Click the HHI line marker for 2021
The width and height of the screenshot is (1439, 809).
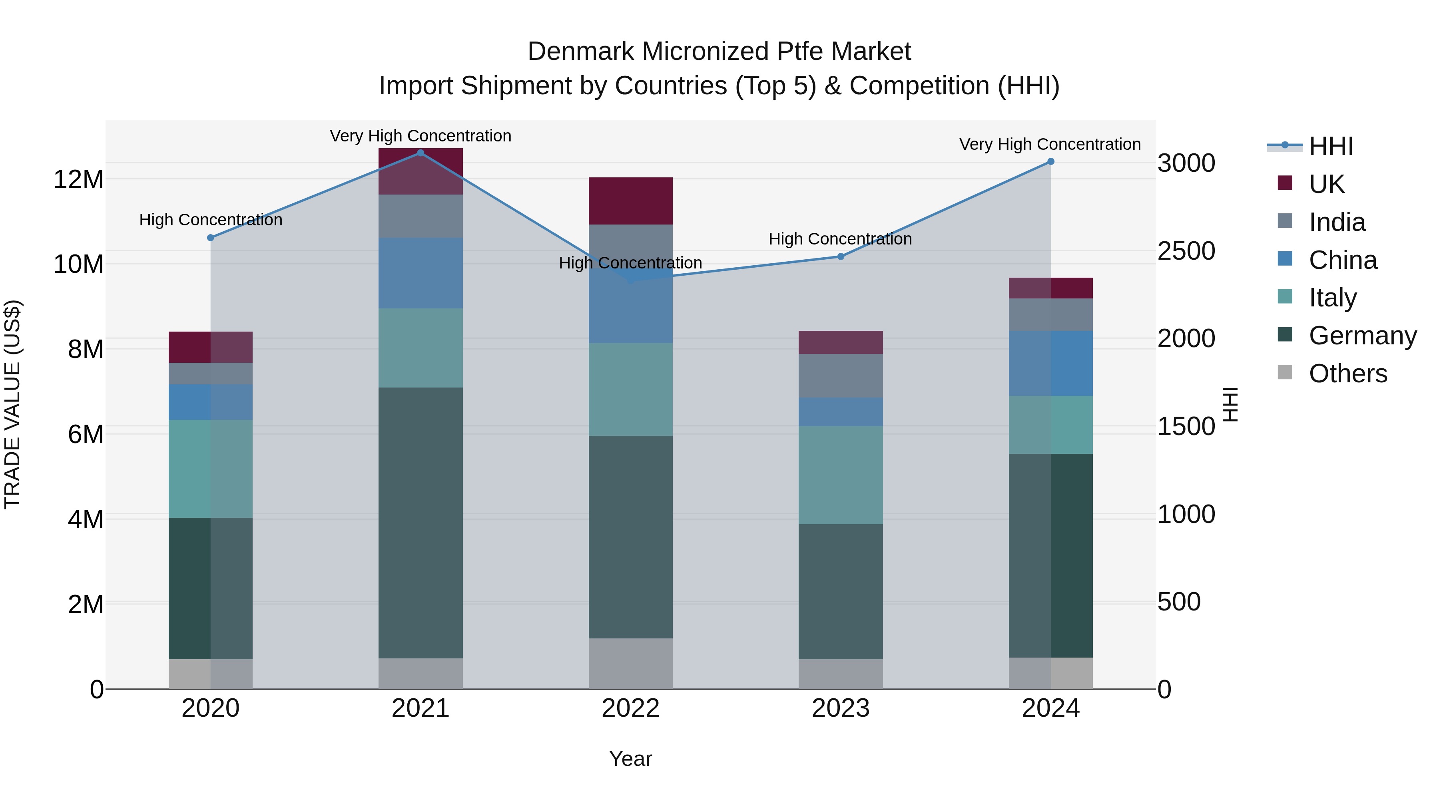click(x=421, y=153)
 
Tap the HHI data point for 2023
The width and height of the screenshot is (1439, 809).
click(x=841, y=257)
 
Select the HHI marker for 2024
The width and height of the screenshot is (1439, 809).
click(x=1051, y=162)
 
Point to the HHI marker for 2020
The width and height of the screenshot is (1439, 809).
click(x=211, y=238)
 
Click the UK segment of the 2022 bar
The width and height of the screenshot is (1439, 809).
click(x=631, y=201)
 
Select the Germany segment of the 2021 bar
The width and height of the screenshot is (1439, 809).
click(x=421, y=523)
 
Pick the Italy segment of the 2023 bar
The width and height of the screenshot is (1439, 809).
click(x=841, y=475)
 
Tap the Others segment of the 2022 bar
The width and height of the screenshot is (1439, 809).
click(x=631, y=664)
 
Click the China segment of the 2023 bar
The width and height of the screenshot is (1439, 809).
click(x=841, y=412)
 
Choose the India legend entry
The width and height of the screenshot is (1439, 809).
click(x=1337, y=222)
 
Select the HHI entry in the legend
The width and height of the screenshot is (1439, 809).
click(x=1331, y=146)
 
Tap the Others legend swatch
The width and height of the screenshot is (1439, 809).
click(x=1285, y=372)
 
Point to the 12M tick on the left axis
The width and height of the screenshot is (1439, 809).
click(x=78, y=180)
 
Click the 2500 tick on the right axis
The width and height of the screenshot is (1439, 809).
click(x=1186, y=250)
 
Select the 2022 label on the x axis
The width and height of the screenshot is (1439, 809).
click(x=631, y=708)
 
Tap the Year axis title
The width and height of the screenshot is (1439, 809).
click(x=631, y=759)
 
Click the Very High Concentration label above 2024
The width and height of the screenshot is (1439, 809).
click(x=1050, y=144)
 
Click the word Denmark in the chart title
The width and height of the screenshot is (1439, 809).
click(x=580, y=52)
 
